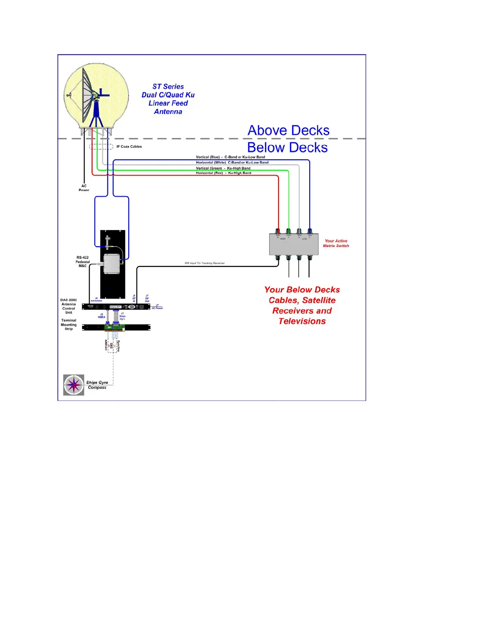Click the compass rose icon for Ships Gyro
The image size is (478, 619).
(74, 385)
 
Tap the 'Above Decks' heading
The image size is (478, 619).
(288, 131)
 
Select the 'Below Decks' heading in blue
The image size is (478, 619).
(287, 148)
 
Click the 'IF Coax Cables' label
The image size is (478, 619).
(129, 147)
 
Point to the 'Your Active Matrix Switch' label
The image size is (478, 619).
(336, 243)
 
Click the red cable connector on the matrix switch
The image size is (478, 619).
(278, 231)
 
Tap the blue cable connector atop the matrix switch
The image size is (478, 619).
(310, 231)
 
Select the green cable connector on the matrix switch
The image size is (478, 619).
(289, 231)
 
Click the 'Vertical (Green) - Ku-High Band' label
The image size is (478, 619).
(223, 168)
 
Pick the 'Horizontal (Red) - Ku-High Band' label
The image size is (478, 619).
(223, 173)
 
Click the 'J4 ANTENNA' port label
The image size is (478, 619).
(96, 300)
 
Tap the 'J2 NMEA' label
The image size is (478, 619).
(102, 316)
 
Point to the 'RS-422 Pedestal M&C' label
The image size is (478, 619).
(82, 262)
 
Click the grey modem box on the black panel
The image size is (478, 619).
(112, 264)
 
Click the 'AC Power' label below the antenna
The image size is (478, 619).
(84, 188)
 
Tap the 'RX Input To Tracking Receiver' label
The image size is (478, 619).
(205, 263)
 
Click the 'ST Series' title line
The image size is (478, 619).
(168, 87)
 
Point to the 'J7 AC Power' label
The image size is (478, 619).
(157, 307)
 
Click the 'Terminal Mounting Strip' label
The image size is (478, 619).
(69, 325)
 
